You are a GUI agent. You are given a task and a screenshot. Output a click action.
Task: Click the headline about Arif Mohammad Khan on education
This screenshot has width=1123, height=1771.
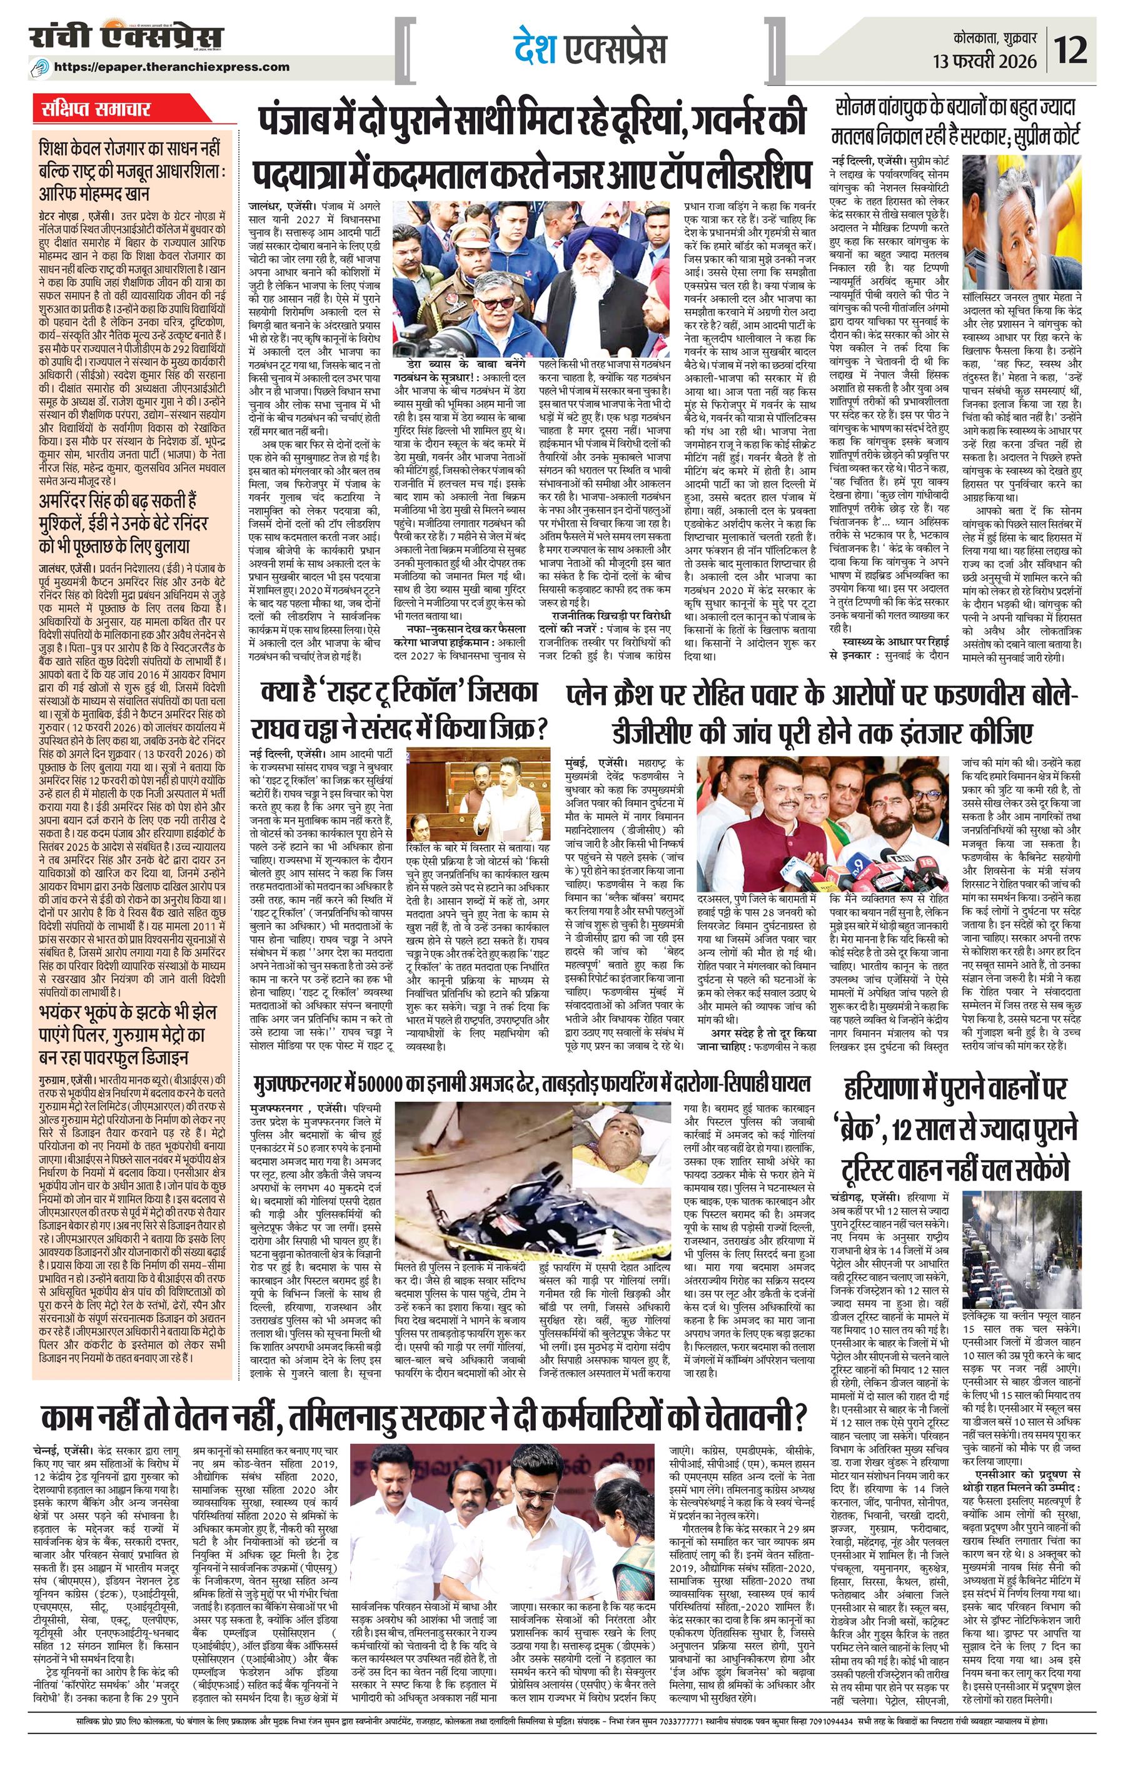(x=131, y=171)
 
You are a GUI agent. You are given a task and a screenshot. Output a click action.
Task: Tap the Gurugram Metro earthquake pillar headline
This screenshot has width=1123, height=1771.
(x=129, y=1035)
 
